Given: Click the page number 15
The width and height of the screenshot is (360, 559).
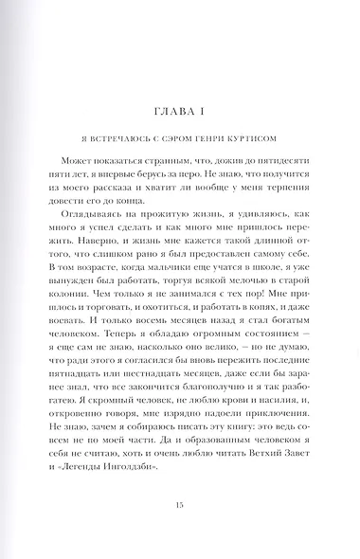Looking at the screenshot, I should (x=180, y=506).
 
